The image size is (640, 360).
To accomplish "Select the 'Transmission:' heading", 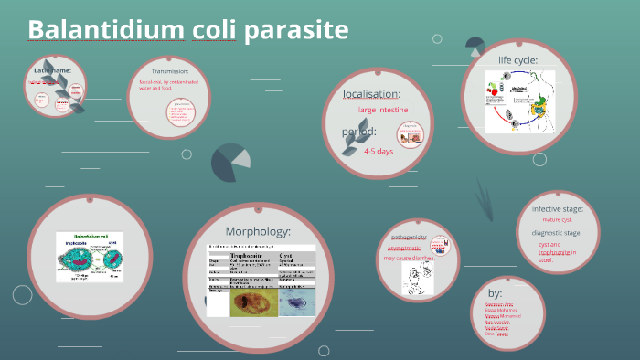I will point(170,70).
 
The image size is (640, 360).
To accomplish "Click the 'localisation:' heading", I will point(371,93).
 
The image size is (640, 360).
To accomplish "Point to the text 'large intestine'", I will point(383,110).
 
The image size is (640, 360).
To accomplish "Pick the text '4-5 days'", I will point(378,151).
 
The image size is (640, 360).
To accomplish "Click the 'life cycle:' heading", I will point(517,60).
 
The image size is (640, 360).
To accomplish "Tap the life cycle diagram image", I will point(519,101).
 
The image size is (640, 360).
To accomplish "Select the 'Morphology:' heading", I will point(258,231).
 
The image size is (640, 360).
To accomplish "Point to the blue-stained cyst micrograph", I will point(295,302).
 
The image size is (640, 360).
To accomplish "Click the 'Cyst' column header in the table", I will point(286,257).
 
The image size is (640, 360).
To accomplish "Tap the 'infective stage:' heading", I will point(557,208).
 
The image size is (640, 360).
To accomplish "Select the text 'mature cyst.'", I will point(556,220).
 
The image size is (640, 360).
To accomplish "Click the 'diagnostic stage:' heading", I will point(559,232).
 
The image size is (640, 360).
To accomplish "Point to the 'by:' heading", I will point(496,292).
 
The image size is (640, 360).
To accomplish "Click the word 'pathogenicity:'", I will point(409,237).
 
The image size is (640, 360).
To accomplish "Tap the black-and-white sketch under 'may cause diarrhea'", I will point(417,279).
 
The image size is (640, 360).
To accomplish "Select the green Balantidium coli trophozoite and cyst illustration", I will point(89,255).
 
